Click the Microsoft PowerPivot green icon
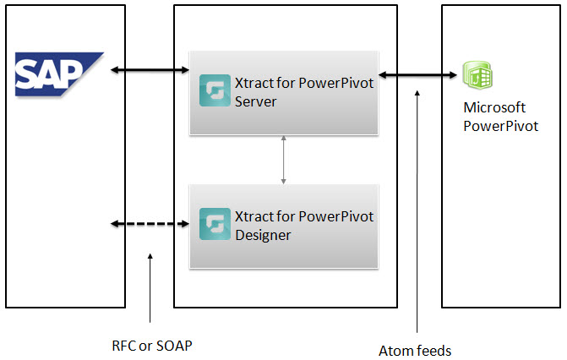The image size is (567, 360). coord(478,76)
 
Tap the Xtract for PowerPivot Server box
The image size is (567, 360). coord(283,92)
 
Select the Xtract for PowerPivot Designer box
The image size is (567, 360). coord(283,226)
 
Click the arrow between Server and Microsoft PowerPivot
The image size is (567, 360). coord(417,76)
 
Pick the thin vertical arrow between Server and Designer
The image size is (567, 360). coord(283,159)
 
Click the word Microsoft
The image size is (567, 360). coord(494,108)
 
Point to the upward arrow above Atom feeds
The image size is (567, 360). coord(417,211)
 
